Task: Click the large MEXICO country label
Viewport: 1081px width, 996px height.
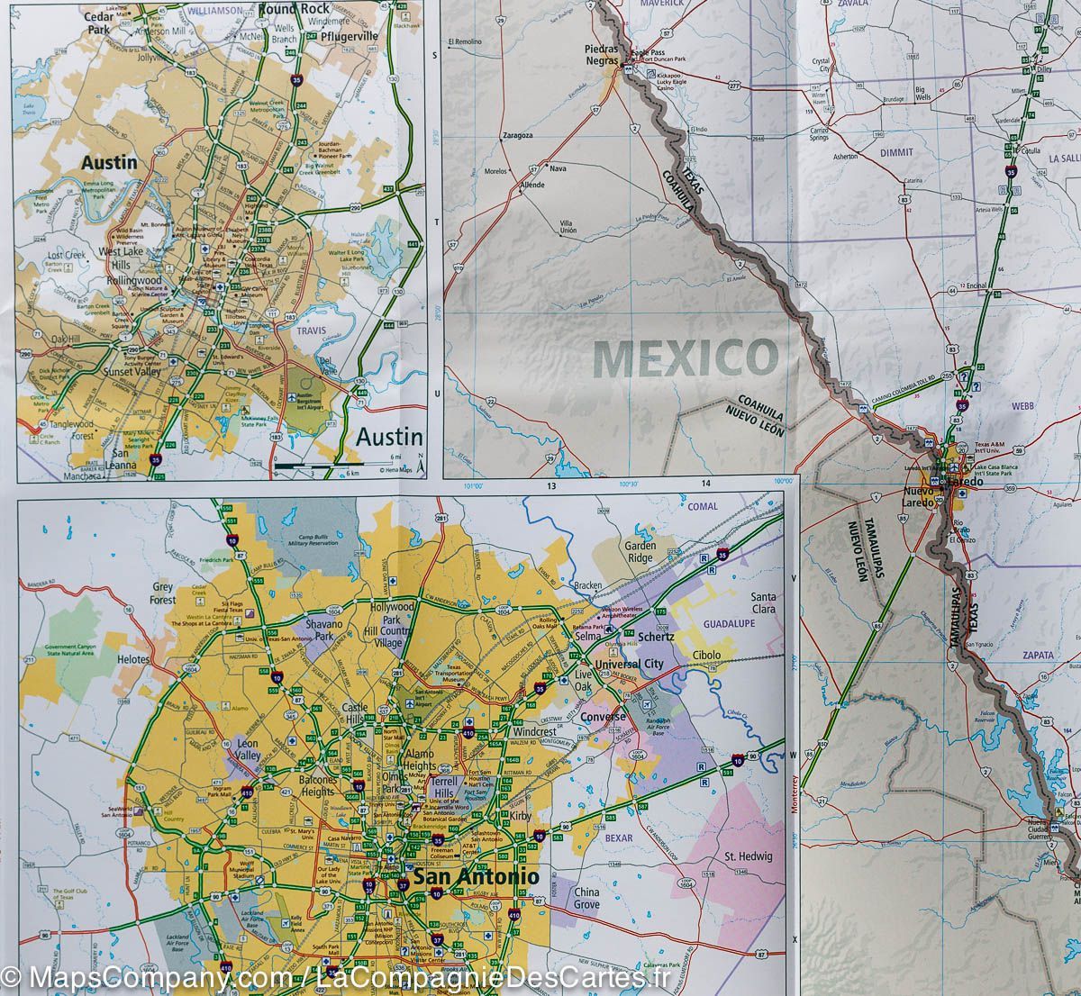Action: point(686,358)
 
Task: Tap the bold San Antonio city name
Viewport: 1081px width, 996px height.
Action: point(476,875)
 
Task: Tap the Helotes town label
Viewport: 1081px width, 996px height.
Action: point(133,659)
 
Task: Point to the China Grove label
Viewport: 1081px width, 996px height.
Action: point(586,898)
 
